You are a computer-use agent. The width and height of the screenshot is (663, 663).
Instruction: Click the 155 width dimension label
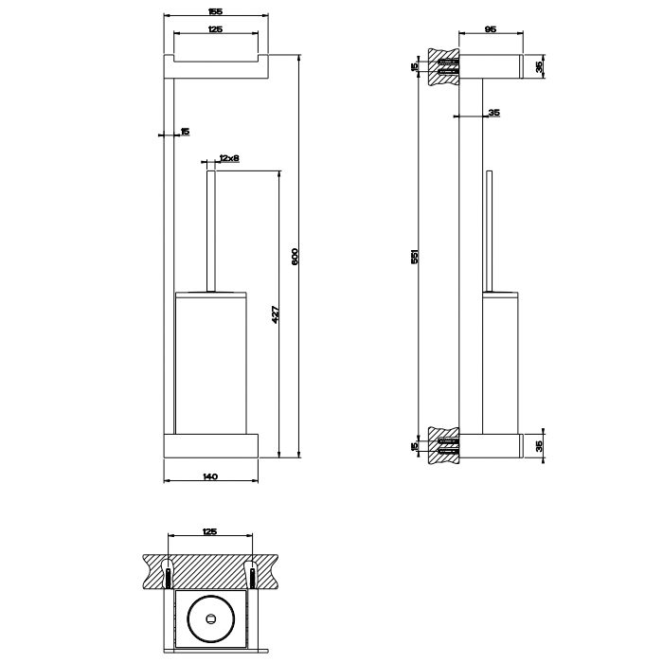215,11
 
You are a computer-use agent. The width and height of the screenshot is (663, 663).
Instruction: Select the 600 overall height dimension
295,257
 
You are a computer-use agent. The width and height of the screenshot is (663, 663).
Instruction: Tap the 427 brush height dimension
276,314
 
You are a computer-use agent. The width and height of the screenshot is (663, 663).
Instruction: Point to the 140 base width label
210,476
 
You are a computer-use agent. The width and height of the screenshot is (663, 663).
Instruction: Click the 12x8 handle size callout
229,158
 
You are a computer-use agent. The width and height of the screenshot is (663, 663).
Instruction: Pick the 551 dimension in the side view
415,257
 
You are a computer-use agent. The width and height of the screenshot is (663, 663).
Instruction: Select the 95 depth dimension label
490,29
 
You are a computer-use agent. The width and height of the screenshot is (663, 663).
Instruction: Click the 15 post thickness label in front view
185,132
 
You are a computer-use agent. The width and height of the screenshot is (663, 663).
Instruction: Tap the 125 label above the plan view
209,531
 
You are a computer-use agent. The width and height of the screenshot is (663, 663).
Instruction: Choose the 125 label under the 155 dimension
216,29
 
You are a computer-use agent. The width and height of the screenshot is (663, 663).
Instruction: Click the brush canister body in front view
211,363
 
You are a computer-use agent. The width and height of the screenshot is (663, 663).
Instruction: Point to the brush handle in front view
211,231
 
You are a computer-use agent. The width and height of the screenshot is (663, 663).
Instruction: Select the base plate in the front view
211,446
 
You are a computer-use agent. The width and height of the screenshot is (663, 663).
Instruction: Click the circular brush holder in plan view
210,619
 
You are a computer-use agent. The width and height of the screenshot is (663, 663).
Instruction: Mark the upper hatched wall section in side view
443,67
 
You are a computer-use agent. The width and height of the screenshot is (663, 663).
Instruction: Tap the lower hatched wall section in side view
443,445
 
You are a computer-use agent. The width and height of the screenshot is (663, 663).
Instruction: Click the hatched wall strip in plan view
210,572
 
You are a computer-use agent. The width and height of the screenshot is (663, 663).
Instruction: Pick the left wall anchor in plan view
168,573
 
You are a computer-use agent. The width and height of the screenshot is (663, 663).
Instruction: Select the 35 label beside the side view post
493,113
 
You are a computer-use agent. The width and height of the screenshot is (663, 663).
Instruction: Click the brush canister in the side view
500,363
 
